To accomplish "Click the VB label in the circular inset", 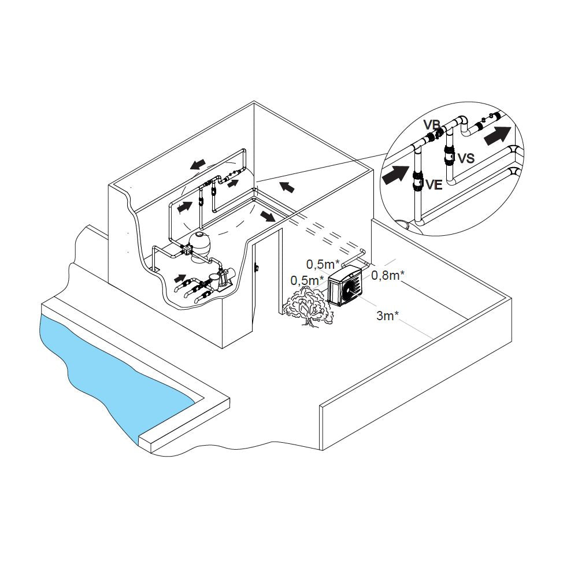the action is click(431, 124).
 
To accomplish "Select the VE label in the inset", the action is click(434, 184).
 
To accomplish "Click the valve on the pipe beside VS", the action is click(449, 157).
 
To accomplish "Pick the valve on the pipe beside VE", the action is click(417, 180).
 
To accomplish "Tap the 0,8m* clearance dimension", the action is click(388, 275).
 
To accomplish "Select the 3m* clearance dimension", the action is click(387, 316).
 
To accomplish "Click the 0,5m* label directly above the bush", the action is click(307, 280).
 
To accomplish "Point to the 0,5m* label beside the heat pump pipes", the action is click(323, 264).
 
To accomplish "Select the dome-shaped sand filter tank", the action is click(199, 246).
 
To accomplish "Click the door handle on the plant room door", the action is click(256, 266).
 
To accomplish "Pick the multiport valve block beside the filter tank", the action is click(186, 251).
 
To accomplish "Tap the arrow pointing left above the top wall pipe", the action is click(198, 164).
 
